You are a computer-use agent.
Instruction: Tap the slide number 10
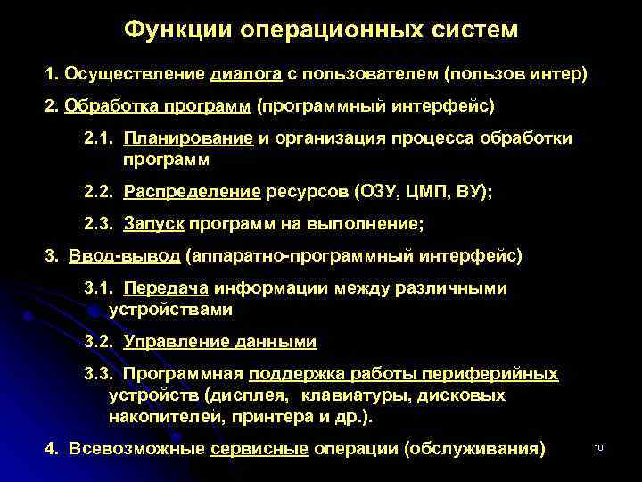599,446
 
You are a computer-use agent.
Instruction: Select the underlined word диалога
247,73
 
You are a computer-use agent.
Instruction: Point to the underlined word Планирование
189,138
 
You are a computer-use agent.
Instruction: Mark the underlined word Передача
166,288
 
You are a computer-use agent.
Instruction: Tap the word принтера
264,416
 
